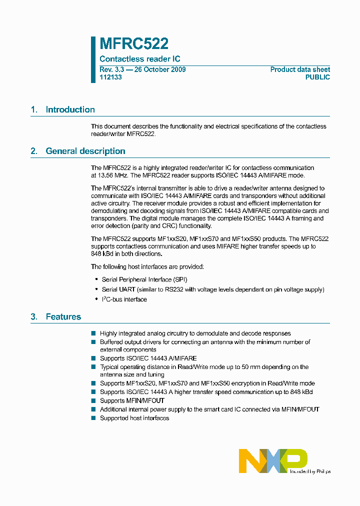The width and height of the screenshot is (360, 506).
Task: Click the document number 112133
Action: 110,77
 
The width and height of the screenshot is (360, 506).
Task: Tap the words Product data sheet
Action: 300,69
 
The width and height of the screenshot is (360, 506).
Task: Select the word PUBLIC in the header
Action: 317,77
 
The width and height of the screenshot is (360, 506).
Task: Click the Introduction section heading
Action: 70,109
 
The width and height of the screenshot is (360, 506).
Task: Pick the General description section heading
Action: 85,151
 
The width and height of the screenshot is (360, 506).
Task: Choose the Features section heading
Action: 63,316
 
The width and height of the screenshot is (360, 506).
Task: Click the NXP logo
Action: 273,460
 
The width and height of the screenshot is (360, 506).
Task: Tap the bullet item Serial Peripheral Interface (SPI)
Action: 144,279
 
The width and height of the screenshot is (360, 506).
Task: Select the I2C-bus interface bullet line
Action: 124,299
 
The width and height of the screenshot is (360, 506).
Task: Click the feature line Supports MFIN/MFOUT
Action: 132,400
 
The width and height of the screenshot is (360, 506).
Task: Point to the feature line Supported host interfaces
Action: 134,418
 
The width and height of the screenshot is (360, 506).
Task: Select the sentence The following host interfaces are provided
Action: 147,266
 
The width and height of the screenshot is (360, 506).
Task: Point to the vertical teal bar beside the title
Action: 93,59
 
